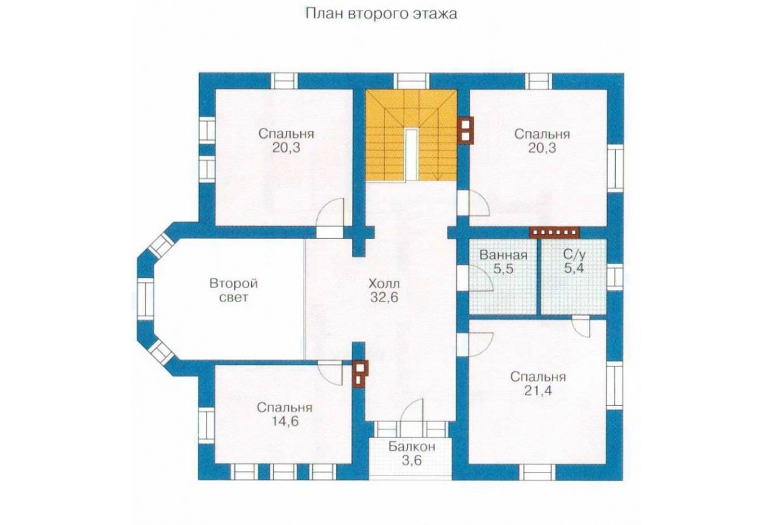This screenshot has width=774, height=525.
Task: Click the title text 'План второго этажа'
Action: (x=381, y=13)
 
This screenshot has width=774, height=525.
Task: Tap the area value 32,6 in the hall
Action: (x=384, y=297)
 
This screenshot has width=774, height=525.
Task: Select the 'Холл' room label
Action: (x=384, y=284)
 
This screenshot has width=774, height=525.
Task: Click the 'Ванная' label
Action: (x=503, y=255)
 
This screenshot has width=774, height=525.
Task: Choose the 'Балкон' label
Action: (x=412, y=447)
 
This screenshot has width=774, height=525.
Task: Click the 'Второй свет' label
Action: (x=234, y=291)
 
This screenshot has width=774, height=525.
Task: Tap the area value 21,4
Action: (x=538, y=391)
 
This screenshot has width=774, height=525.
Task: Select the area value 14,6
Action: (x=284, y=421)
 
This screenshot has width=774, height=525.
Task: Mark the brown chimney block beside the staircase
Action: (x=466, y=130)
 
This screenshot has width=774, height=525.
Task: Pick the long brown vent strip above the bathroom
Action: (x=554, y=232)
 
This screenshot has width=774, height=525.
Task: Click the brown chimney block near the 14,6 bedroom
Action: (x=360, y=373)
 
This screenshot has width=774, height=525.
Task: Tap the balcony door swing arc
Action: (x=413, y=409)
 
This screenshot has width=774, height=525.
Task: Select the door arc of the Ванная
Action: (x=481, y=279)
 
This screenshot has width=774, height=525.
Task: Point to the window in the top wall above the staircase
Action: (x=412, y=80)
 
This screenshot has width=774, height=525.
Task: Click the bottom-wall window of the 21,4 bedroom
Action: (x=538, y=472)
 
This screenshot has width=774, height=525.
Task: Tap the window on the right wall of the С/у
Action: (x=614, y=277)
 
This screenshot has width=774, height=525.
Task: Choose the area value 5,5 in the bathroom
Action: (x=503, y=269)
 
